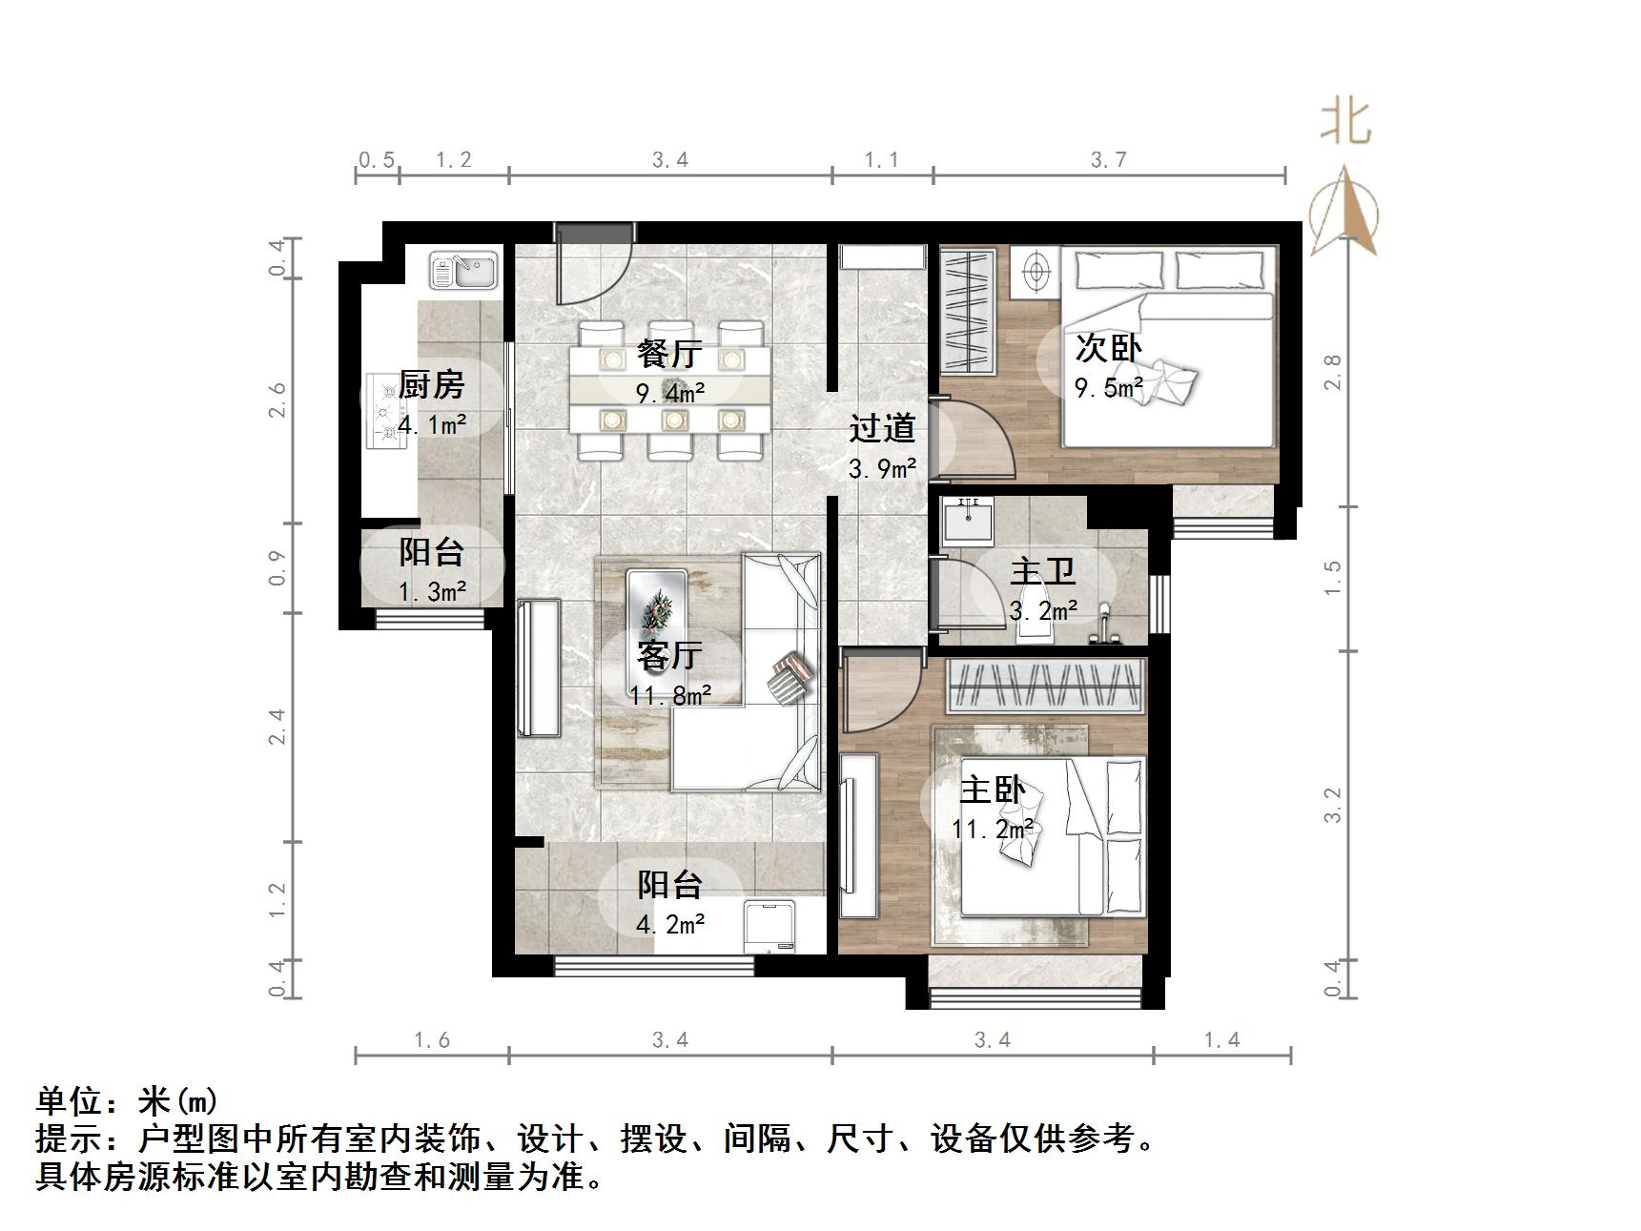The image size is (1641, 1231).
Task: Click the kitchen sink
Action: tap(463, 270)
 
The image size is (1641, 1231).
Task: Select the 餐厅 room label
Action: tap(669, 354)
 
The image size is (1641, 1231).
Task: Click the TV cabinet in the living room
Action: tap(539, 667)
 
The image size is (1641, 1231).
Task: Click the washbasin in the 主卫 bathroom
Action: tap(967, 521)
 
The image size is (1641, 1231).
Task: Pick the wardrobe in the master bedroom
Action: tap(1045, 685)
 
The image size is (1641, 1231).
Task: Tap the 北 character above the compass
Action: tap(1345, 122)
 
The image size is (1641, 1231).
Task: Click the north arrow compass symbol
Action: tap(1344, 214)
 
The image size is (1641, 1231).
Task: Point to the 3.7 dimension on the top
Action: tap(1109, 159)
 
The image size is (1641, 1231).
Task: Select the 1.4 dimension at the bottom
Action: tap(1221, 1039)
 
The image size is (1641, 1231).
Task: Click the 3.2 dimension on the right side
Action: tap(1333, 804)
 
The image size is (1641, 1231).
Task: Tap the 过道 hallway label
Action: tap(882, 428)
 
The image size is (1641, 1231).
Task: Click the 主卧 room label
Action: tap(992, 790)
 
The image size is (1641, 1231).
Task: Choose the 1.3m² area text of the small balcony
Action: tap(432, 591)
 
